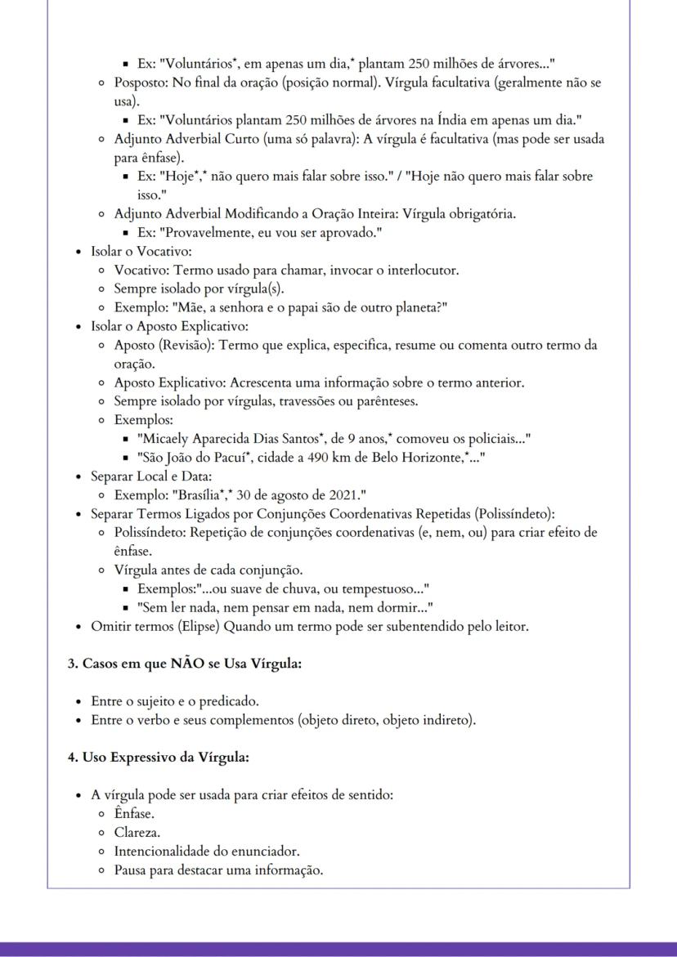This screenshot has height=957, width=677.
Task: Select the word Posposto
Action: tap(141, 83)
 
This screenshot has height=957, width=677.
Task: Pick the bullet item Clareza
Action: tap(137, 833)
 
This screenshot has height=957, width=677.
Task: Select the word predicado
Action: tap(230, 701)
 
